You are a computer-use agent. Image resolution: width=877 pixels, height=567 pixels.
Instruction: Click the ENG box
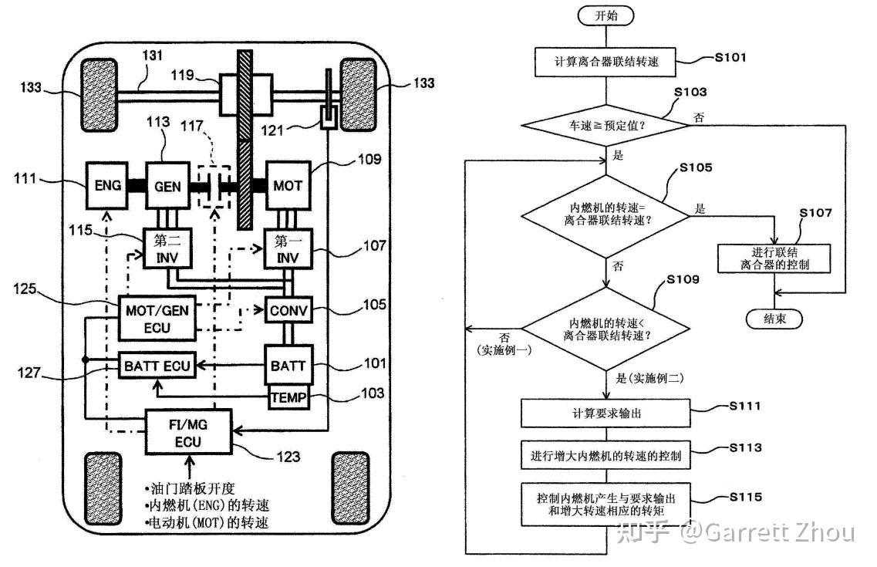(x=107, y=185)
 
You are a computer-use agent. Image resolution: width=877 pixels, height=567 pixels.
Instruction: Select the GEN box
(x=167, y=186)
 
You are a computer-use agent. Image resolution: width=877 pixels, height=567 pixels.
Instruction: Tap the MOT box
(x=288, y=185)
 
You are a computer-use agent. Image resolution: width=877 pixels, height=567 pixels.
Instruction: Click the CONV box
(x=288, y=310)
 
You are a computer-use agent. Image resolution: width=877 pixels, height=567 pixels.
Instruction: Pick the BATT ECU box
(x=157, y=366)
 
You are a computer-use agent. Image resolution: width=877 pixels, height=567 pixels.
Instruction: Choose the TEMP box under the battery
(x=288, y=397)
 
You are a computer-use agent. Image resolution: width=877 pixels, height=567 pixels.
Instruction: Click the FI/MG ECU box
(x=188, y=432)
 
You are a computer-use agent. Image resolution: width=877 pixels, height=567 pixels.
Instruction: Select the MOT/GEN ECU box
(x=157, y=318)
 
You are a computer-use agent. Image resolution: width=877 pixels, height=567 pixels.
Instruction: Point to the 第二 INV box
(x=167, y=248)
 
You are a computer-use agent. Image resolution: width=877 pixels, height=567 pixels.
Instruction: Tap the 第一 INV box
(x=288, y=248)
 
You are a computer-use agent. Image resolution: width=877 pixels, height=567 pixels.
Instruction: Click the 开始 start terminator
(x=605, y=15)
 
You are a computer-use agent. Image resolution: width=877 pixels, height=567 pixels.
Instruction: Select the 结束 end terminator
(x=774, y=319)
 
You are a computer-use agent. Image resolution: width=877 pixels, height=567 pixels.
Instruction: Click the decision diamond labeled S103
(x=605, y=125)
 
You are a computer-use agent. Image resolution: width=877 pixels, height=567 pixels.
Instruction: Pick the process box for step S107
(x=774, y=258)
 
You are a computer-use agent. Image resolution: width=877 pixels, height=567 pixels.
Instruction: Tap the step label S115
(x=746, y=497)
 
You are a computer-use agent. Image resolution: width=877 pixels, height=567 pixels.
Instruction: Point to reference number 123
(x=288, y=457)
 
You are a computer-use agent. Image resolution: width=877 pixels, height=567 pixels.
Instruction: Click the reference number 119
(x=182, y=75)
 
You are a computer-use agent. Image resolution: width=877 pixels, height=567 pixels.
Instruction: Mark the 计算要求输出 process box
(x=605, y=413)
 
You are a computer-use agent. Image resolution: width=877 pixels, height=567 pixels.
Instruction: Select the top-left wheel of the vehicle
(x=100, y=95)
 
